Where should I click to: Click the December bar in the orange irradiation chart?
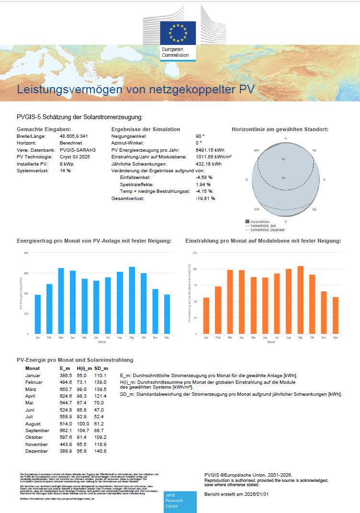pyautogui.click(x=335, y=315)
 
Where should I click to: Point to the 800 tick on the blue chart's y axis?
pyautogui.click(x=27, y=253)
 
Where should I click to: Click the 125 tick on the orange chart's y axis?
pyautogui.click(x=195, y=253)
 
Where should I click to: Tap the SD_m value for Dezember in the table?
pyautogui.click(x=101, y=451)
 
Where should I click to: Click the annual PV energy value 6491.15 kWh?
pyautogui.click(x=210, y=150)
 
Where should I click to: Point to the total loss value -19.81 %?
pyautogui.click(x=205, y=198)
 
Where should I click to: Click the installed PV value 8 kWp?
pyautogui.click(x=67, y=164)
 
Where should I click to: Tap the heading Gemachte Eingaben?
pyautogui.click(x=44, y=129)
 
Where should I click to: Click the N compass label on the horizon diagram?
pyautogui.click(x=286, y=139)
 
